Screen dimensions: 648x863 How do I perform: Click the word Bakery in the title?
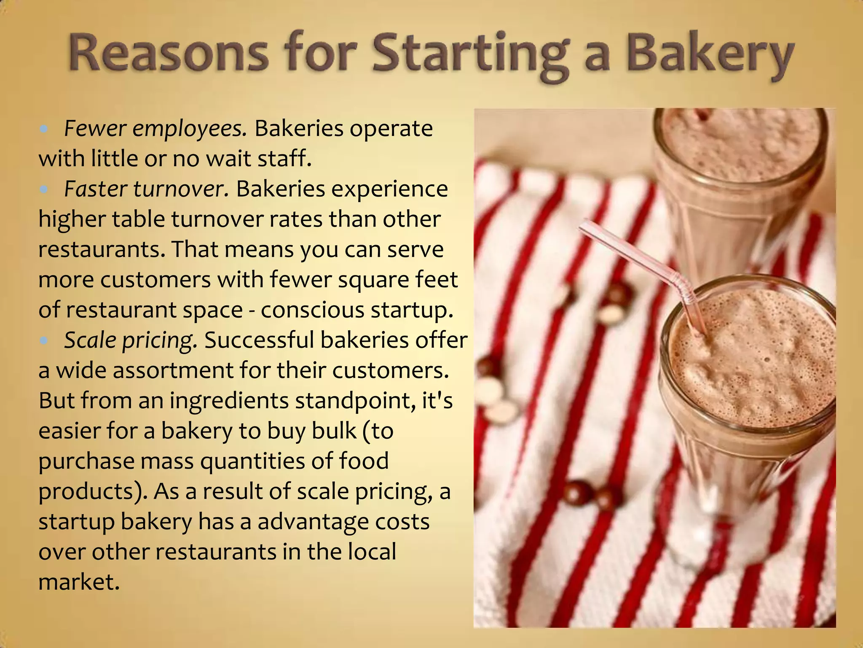(710, 56)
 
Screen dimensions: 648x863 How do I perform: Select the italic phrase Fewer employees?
(155, 129)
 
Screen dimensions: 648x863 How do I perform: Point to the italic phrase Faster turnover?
(146, 189)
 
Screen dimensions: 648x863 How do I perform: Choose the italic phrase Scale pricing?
(131, 340)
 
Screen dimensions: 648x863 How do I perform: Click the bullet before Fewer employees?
(44, 129)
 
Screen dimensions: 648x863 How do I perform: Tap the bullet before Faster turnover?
(44, 189)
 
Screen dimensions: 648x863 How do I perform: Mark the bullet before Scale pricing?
(44, 340)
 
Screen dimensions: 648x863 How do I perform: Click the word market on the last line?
(79, 582)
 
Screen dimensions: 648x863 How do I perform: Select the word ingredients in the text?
(228, 401)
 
